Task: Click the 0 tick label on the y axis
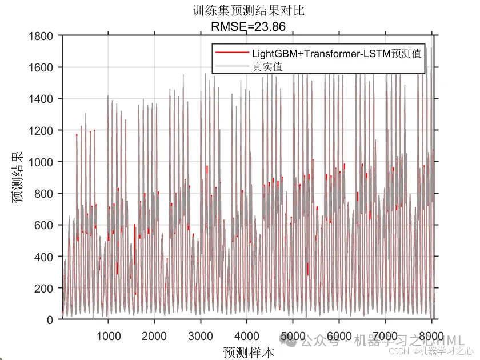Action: coord(50,320)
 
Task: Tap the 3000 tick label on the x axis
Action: coord(201,335)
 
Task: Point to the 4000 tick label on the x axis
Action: coord(247,335)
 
